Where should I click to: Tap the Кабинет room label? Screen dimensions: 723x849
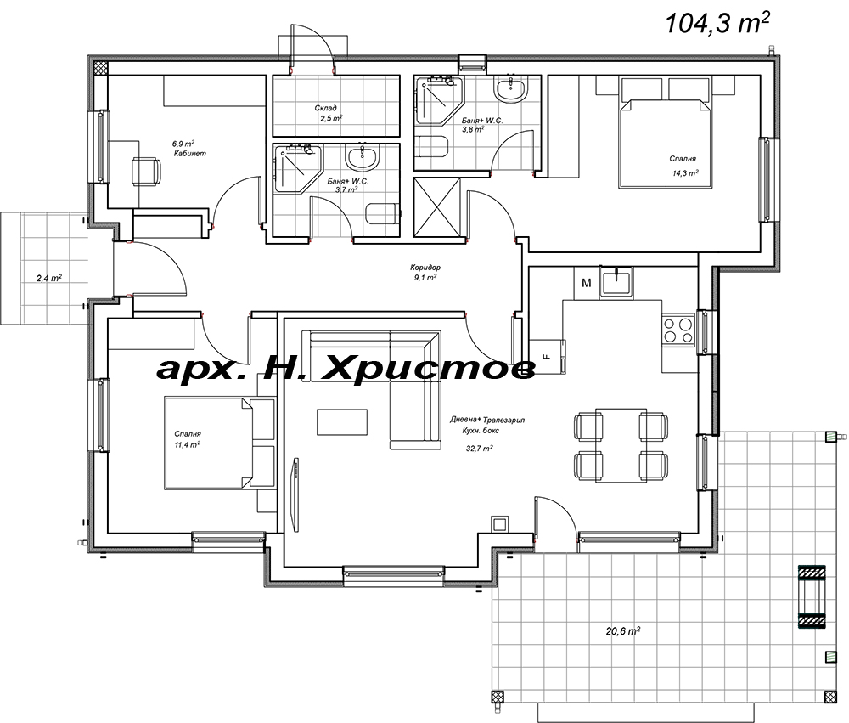pyautogui.click(x=190, y=154)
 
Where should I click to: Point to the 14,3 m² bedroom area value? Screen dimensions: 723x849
pyautogui.click(x=683, y=173)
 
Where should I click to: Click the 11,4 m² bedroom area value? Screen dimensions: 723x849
pyautogui.click(x=188, y=444)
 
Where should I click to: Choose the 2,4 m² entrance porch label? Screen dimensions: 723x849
pyautogui.click(x=48, y=277)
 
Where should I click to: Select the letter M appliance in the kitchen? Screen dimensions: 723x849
pyautogui.click(x=586, y=282)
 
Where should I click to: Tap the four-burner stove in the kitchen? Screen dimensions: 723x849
pyautogui.click(x=678, y=330)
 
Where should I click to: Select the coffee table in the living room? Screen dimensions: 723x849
pyautogui.click(x=343, y=421)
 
